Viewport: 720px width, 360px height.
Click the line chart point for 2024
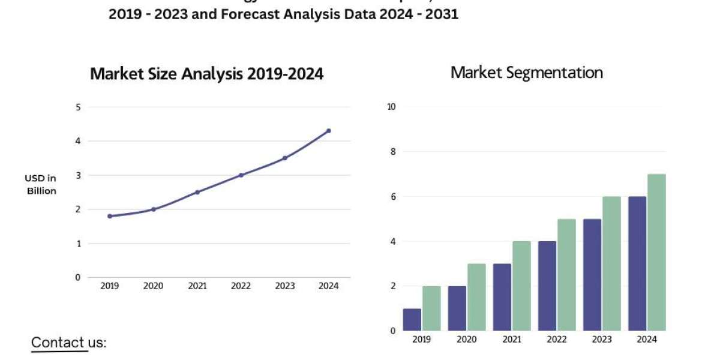(x=329, y=131)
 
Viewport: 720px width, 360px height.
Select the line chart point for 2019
(x=110, y=216)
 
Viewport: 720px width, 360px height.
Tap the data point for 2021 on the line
(x=197, y=192)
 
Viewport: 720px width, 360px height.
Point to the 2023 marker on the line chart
(x=285, y=158)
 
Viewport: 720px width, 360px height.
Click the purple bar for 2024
(x=637, y=263)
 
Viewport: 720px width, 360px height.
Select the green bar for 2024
(x=656, y=252)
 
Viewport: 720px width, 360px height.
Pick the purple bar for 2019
(x=412, y=319)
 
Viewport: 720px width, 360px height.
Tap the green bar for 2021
(x=521, y=286)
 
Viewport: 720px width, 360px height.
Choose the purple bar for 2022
(x=547, y=286)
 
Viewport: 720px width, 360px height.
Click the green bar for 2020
(x=476, y=297)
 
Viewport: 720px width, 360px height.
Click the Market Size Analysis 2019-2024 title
(x=206, y=74)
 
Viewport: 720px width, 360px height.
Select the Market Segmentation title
(x=526, y=73)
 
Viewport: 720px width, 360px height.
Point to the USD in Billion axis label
(x=41, y=184)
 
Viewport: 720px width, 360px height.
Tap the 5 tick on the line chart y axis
(x=77, y=107)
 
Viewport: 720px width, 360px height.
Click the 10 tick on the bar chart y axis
(x=391, y=107)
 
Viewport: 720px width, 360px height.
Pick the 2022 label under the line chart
(x=241, y=286)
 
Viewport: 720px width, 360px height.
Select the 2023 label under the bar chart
(x=602, y=340)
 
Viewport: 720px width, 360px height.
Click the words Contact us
(x=68, y=343)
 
